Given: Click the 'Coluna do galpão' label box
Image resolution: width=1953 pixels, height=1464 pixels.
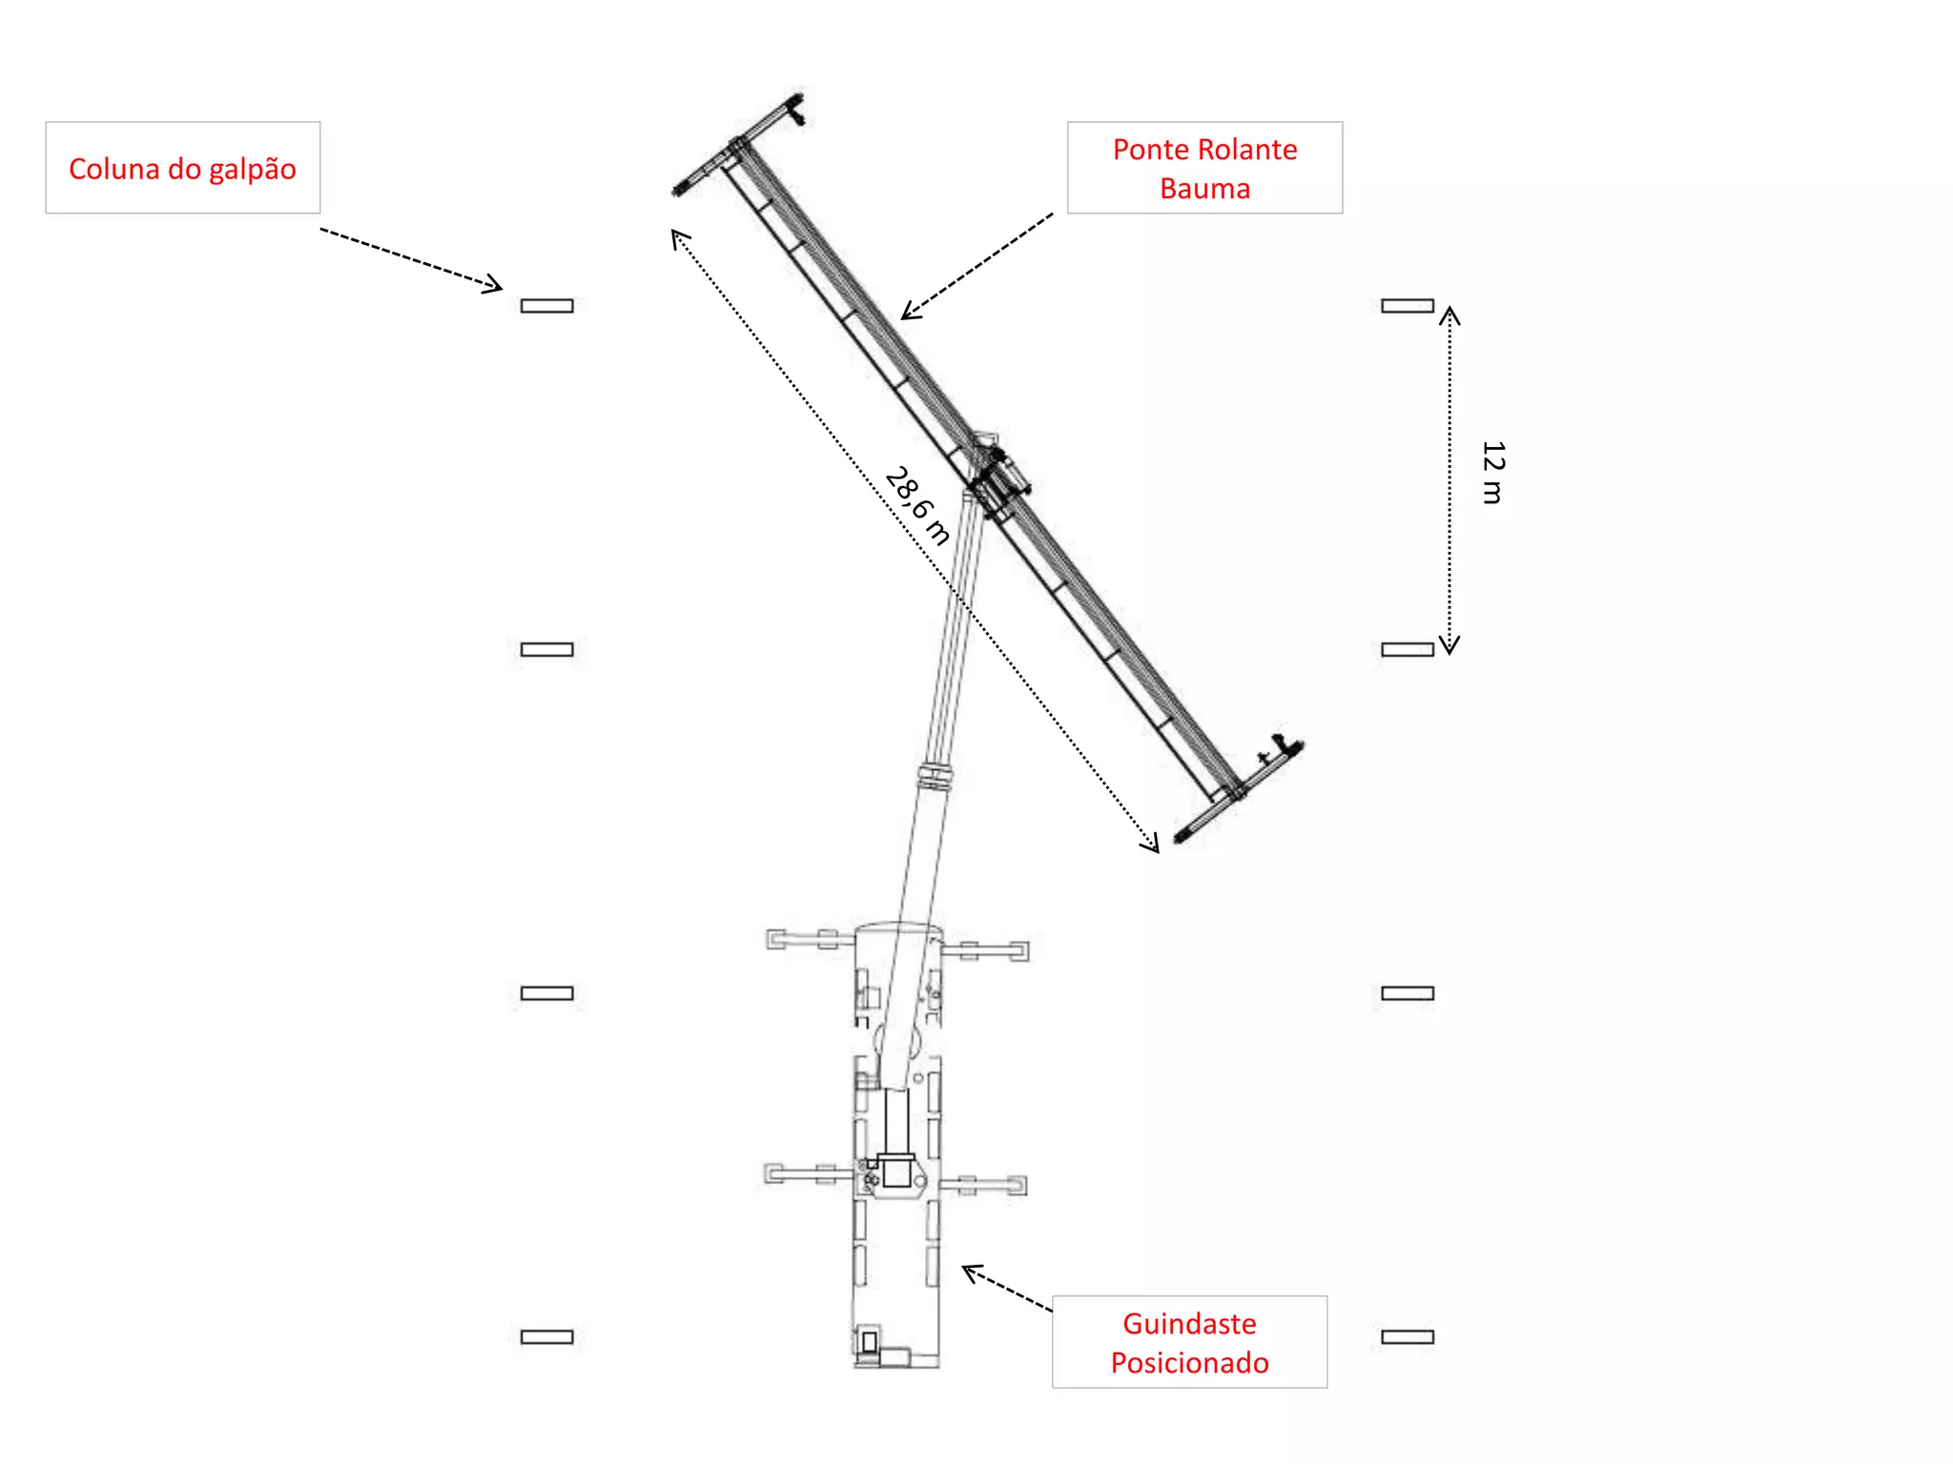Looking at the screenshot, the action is pos(182,168).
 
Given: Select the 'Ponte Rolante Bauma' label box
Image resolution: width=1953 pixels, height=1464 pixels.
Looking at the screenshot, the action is pos(1204,168).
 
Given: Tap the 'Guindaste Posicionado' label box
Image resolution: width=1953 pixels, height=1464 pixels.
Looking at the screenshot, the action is pos(1189,1342).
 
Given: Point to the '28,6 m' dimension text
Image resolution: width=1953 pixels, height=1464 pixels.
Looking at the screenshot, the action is pos(917,505).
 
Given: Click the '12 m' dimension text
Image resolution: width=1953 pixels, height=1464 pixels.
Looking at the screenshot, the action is pos(1492,473).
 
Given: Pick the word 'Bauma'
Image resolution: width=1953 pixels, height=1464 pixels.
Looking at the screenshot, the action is pos(1204,189).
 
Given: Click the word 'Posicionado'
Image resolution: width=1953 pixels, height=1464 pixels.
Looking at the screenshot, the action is pos(1189,1363).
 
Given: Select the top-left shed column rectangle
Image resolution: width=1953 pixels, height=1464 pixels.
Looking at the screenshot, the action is pos(546,306).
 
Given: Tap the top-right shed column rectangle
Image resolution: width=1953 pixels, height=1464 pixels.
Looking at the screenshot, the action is pos(1408,306).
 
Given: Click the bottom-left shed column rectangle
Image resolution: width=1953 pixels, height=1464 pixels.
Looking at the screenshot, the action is pos(546,1336).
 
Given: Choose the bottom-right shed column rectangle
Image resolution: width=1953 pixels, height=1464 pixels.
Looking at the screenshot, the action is pos(1408,1336).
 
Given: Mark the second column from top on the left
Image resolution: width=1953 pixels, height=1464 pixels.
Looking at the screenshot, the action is pos(546,649).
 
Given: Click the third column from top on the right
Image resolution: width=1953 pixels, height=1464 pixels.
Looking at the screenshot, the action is pos(1408,993).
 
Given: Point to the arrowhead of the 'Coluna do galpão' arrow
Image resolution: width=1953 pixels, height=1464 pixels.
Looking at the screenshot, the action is pos(495,284).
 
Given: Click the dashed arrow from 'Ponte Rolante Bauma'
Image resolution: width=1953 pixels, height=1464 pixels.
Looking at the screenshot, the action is pos(977,266).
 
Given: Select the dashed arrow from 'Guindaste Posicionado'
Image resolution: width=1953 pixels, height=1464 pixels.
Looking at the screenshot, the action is pos(1006,1289).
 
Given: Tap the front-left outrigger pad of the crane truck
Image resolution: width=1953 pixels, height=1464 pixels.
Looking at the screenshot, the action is pos(776,940).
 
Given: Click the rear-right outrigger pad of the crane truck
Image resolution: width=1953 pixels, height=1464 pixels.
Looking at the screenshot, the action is pos(1017,1186).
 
